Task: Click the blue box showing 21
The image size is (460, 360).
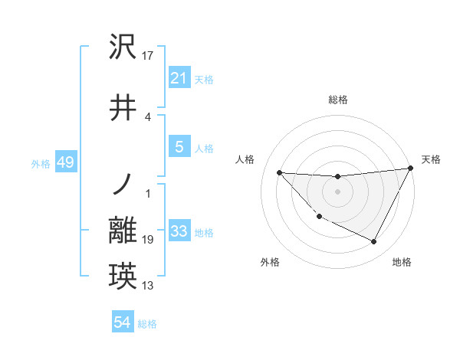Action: (179, 78)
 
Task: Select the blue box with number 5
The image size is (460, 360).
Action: (179, 147)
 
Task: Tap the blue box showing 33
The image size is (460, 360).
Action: (179, 231)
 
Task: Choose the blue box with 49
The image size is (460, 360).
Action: (65, 162)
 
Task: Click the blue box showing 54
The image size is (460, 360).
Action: (122, 322)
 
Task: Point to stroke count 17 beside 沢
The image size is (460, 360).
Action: (149, 55)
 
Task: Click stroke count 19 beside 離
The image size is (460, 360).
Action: (149, 240)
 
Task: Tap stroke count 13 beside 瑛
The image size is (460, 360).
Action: (149, 286)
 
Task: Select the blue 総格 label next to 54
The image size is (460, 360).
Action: (147, 324)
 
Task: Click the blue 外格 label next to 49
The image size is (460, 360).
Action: (40, 164)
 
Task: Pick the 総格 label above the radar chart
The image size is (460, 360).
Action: (337, 100)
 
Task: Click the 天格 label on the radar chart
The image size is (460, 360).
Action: (431, 159)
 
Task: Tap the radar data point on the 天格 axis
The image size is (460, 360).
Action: (410, 168)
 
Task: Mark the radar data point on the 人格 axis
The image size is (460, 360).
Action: (279, 172)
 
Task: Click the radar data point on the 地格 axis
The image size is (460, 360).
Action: (373, 241)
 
